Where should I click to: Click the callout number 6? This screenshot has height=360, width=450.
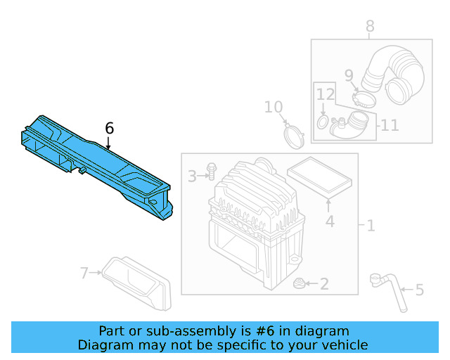coord(109,128)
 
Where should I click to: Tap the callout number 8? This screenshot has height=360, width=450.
coord(370,27)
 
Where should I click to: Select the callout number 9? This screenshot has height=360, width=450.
coord(349,75)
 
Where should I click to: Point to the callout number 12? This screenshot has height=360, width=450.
coord(324,94)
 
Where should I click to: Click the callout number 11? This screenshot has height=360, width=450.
coord(390,125)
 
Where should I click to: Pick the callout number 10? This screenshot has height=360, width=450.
coord(274,107)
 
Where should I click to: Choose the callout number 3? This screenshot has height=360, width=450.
coord(192,176)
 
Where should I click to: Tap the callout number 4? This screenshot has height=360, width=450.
coord(329,223)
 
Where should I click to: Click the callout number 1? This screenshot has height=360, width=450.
coord(371,226)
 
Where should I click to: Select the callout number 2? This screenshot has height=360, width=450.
coord(324,284)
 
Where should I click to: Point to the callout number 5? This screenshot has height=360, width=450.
coord(420,290)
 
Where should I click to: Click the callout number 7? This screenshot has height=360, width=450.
coord(84,273)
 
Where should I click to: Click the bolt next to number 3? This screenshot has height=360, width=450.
coord(212,172)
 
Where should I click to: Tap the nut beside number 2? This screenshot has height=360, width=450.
coord(298,284)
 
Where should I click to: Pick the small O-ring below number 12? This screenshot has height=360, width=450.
coord(322,123)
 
